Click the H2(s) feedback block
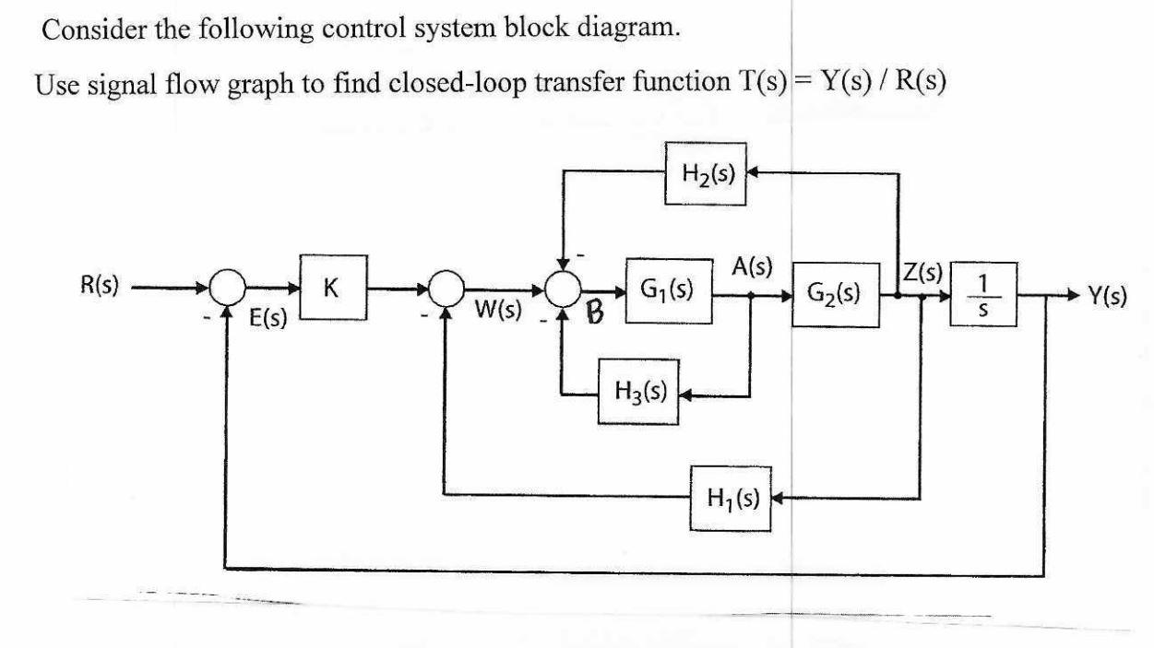[704, 174]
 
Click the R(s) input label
[99, 283]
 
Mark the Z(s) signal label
[922, 274]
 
